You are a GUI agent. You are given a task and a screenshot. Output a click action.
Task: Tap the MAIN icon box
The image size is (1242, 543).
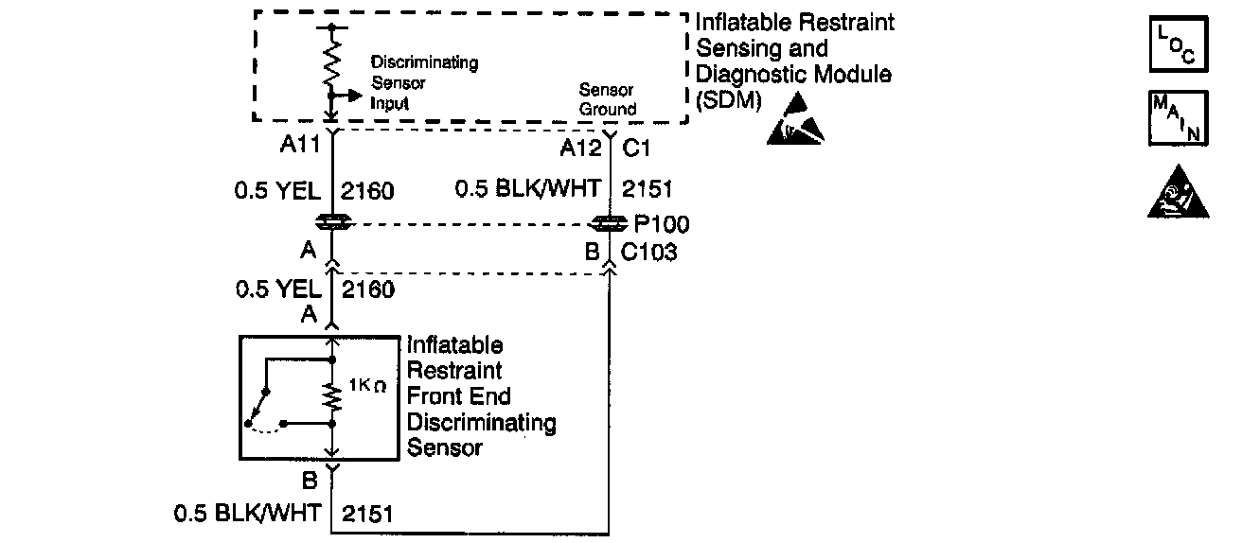(x=1178, y=119)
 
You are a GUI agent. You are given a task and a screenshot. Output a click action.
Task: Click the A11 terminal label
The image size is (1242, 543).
(x=301, y=147)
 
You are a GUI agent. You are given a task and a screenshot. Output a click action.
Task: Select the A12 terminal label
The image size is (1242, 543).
(x=581, y=147)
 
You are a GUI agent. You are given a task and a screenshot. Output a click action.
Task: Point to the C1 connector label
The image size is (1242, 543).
(x=635, y=147)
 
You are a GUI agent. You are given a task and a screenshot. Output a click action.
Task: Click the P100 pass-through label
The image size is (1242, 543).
(x=663, y=225)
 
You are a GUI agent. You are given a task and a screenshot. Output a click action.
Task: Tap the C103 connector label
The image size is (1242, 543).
(x=649, y=252)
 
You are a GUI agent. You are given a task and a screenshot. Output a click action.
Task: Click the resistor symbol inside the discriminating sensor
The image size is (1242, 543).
(x=332, y=398)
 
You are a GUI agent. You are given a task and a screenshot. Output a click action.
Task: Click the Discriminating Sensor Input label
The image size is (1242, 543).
(x=424, y=83)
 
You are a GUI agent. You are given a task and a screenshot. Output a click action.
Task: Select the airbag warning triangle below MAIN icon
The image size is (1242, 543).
(x=1179, y=194)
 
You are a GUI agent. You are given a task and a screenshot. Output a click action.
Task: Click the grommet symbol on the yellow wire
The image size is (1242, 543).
(x=332, y=222)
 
